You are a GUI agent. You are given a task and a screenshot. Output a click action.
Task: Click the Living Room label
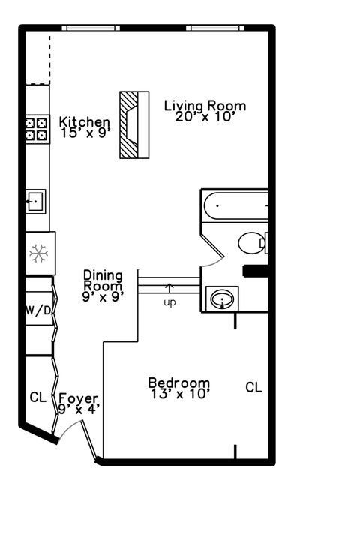pyautogui.click(x=205, y=111)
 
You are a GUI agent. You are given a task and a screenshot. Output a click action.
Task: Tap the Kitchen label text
pyautogui.click(x=85, y=127)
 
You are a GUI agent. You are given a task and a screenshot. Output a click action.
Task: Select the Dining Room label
pyautogui.click(x=103, y=285)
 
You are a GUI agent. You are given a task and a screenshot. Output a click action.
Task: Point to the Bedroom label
pyautogui.click(x=178, y=387)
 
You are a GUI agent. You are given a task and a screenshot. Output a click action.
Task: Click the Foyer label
pyautogui.click(x=79, y=403)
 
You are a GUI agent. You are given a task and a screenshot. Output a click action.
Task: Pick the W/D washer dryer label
pyautogui.click(x=37, y=310)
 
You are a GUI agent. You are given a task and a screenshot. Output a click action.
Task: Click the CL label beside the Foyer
pyautogui.click(x=37, y=397)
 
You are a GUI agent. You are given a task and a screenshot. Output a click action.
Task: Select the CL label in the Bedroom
pyautogui.click(x=253, y=388)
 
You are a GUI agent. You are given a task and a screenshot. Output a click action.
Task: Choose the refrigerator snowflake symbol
pyautogui.click(x=37, y=253)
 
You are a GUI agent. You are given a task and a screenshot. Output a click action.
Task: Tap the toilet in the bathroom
pyautogui.click(x=252, y=244)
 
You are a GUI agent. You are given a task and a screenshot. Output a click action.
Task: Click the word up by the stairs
pyautogui.click(x=169, y=303)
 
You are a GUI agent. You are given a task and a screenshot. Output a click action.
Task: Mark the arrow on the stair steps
pyautogui.click(x=169, y=287)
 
